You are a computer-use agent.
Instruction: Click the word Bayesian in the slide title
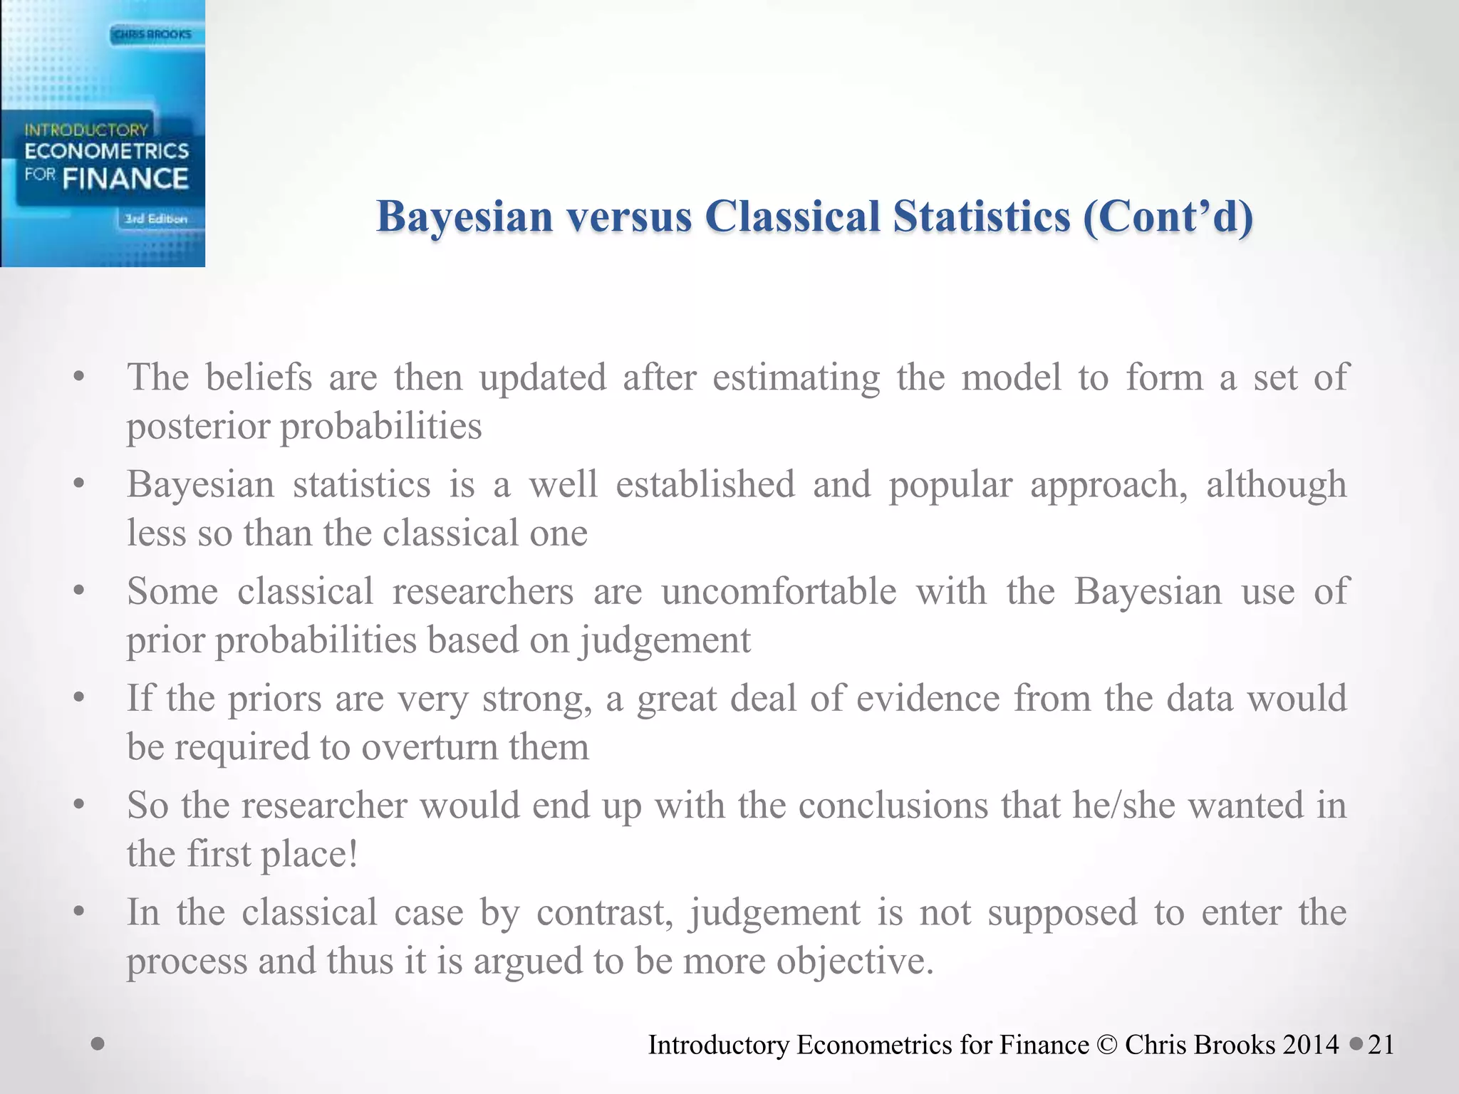click(464, 217)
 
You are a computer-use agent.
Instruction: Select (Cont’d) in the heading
click(1168, 217)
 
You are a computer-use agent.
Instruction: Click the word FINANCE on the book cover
click(125, 179)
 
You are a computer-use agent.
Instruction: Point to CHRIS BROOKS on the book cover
click(152, 34)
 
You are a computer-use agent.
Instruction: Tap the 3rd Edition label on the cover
click(155, 219)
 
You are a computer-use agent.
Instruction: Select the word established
click(705, 485)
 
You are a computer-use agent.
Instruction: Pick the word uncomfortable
click(779, 592)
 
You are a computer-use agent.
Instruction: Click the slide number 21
click(1381, 1045)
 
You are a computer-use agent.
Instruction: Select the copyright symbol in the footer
click(1107, 1045)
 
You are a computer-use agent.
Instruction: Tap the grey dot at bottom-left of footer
click(98, 1045)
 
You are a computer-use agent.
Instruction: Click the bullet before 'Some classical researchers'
click(79, 590)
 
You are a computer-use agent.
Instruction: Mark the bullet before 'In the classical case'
click(79, 911)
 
